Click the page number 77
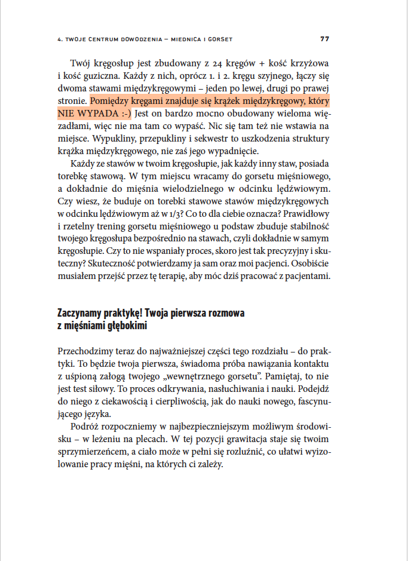(325, 39)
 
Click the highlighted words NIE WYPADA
(85, 113)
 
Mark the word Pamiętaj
(266, 364)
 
